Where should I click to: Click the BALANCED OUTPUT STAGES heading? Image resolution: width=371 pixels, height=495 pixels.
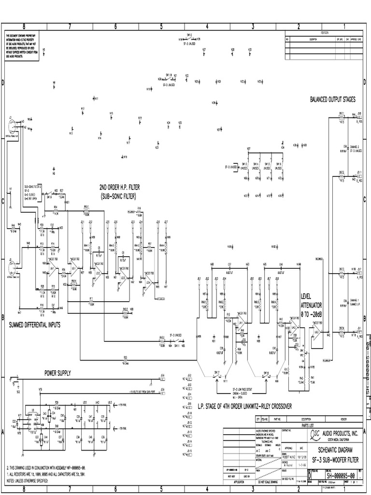pyautogui.click(x=332, y=100)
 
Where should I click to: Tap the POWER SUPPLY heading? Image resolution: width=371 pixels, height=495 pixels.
pyautogui.click(x=57, y=373)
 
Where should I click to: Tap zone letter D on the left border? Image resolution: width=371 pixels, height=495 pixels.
pyautogui.click(x=3, y=84)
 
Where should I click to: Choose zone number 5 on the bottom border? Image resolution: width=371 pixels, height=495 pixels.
pyautogui.click(x=161, y=490)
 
